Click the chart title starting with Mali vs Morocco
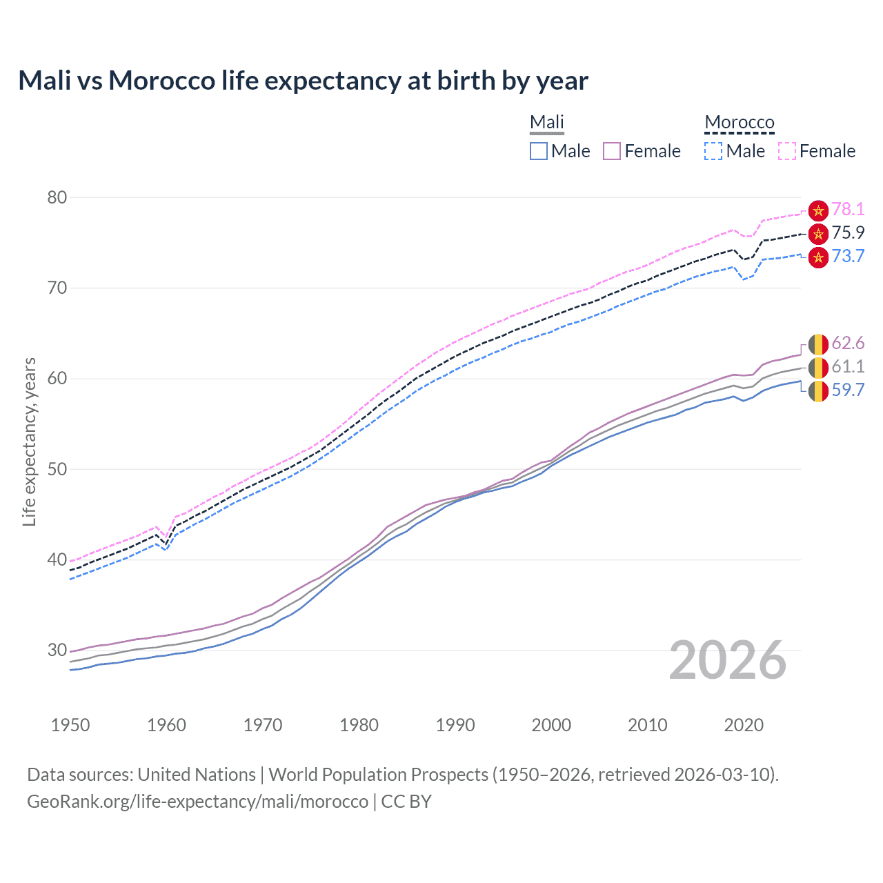[x=303, y=81]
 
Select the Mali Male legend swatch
[x=539, y=151]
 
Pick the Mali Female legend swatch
[x=612, y=151]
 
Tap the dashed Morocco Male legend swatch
[x=713, y=151]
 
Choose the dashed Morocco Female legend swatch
[x=787, y=151]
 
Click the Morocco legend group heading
[x=740, y=122]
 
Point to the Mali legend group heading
[x=547, y=122]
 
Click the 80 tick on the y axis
[x=57, y=197]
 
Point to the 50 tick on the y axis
[x=57, y=469]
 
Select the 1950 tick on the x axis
[x=70, y=725]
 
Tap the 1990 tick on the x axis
[x=455, y=725]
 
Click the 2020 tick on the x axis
[x=744, y=725]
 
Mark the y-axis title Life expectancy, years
[x=29, y=441]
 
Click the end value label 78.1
[x=848, y=210]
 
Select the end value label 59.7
[x=848, y=390]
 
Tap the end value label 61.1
[x=848, y=367]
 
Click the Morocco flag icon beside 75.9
[x=818, y=234]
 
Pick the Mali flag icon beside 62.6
[x=818, y=344]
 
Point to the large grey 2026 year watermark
[x=728, y=660]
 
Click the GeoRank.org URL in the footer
[x=197, y=802]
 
